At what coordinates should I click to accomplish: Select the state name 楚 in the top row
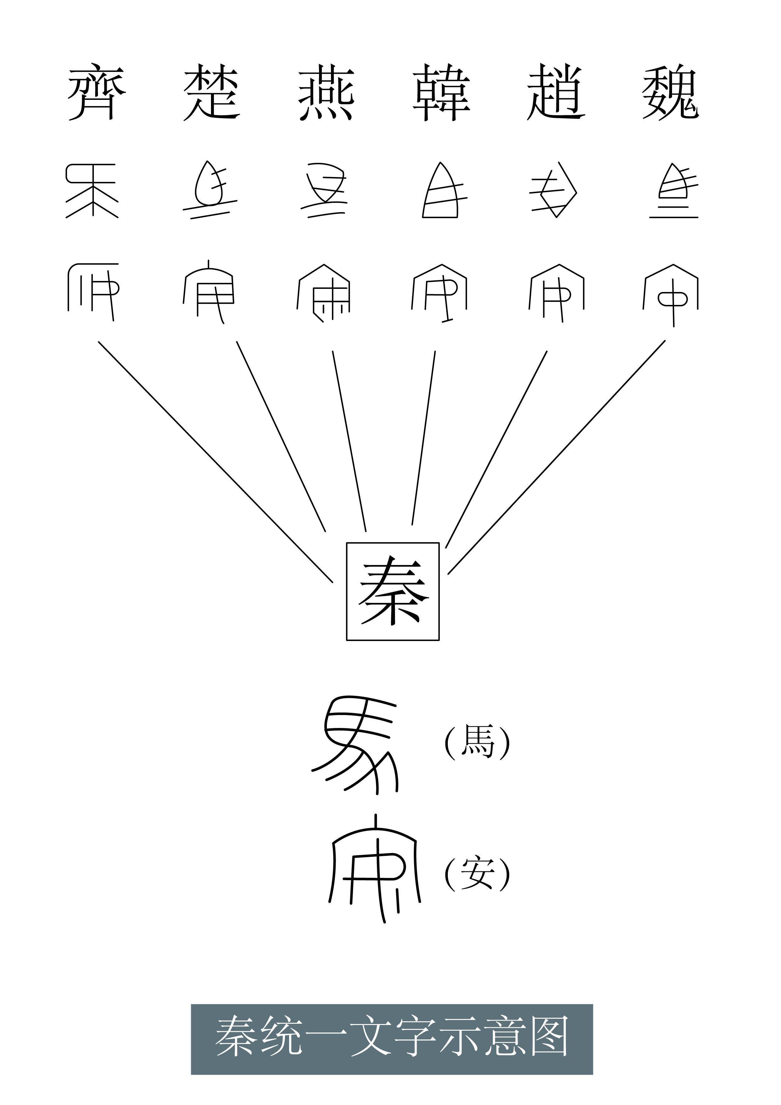(x=212, y=93)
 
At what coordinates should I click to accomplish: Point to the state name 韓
(x=441, y=93)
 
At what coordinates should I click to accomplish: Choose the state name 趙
(x=556, y=93)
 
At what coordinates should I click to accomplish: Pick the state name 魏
(x=670, y=93)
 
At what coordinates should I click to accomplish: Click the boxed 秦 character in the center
(x=393, y=592)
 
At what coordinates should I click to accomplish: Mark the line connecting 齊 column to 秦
(x=216, y=462)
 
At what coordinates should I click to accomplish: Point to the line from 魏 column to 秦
(x=556, y=457)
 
